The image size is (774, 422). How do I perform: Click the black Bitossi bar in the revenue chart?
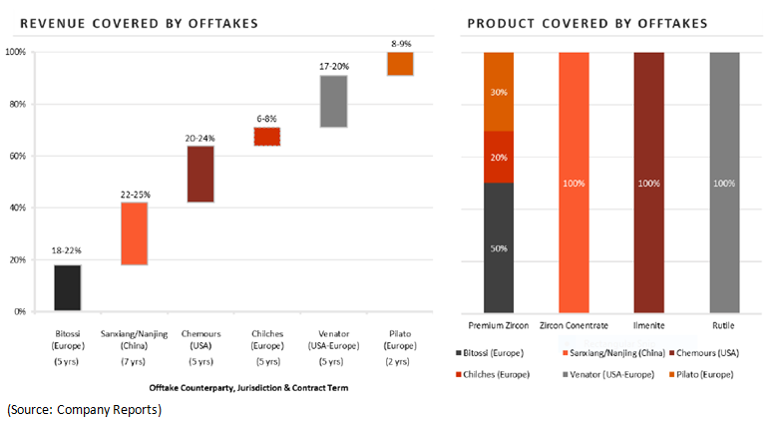pyautogui.click(x=67, y=287)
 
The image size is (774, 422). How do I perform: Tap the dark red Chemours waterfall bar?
pyautogui.click(x=200, y=174)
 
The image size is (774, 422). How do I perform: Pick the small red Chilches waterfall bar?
pyautogui.click(x=266, y=137)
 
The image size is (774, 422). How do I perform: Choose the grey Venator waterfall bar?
pyautogui.click(x=333, y=101)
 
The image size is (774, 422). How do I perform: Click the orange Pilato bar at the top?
pyautogui.click(x=400, y=63)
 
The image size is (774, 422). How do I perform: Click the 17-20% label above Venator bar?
pyautogui.click(x=333, y=66)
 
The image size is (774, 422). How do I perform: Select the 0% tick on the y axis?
pyautogui.click(x=20, y=311)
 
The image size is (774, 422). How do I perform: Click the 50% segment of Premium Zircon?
pyautogui.click(x=499, y=246)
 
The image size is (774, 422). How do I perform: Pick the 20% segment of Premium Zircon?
pyautogui.click(x=499, y=157)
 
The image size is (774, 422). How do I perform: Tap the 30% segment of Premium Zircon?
pyautogui.click(x=499, y=91)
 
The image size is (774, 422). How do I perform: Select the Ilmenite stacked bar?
pyautogui.click(x=648, y=182)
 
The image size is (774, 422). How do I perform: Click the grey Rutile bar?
pyautogui.click(x=725, y=182)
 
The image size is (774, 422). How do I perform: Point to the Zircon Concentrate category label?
pyautogui.click(x=574, y=326)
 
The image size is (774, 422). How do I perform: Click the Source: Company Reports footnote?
pyautogui.click(x=84, y=409)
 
